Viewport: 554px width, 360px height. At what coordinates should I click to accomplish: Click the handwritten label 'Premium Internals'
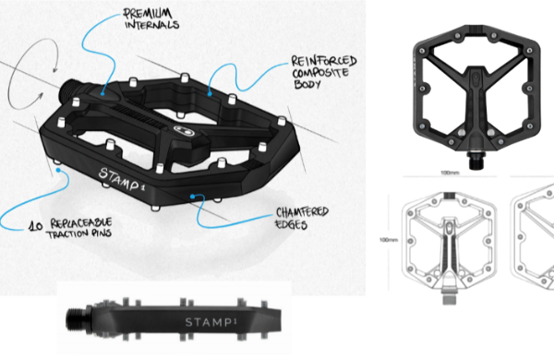pos(151,19)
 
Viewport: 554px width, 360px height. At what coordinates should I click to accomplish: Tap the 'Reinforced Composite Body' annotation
pos(324,72)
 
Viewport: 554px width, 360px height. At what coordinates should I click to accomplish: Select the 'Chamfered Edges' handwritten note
pos(302,218)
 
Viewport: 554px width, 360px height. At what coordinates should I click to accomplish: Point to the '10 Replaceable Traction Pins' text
pos(71,228)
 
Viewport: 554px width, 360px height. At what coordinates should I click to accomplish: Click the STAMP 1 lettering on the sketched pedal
pos(122,180)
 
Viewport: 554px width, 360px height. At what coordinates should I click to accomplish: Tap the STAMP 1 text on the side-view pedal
pos(211,322)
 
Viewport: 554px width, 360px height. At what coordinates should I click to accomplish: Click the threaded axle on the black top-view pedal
pos(476,161)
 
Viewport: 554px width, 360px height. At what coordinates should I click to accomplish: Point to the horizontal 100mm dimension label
pos(450,173)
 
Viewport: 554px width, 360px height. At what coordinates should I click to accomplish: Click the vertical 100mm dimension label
pos(389,240)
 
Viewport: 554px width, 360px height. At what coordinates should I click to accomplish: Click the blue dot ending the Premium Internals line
pos(102,94)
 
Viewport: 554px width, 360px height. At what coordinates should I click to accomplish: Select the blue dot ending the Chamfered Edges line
pos(192,196)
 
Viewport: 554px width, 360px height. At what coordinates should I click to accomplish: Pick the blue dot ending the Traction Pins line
pos(58,170)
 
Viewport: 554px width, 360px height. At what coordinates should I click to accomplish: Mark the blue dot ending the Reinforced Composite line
pos(210,94)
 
